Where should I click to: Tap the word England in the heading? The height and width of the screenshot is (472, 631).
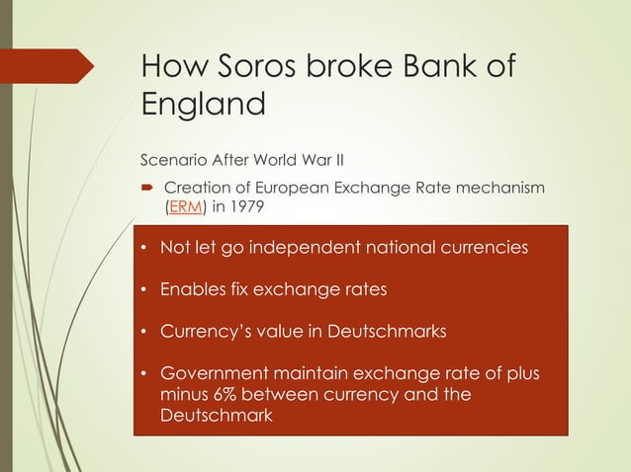coord(204,103)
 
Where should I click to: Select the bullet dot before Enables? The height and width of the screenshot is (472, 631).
coord(144,290)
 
